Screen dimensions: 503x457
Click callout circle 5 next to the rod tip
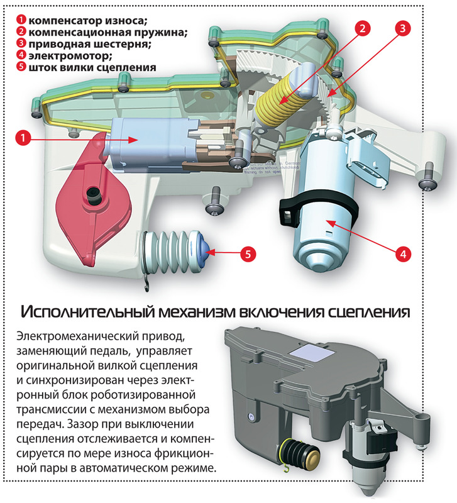pos(248,254)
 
